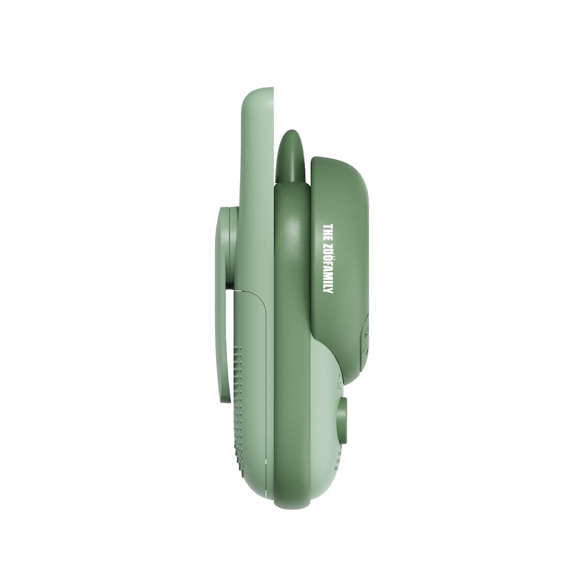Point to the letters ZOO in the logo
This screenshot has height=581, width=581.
point(328,251)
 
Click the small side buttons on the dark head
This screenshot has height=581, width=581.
point(366,334)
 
